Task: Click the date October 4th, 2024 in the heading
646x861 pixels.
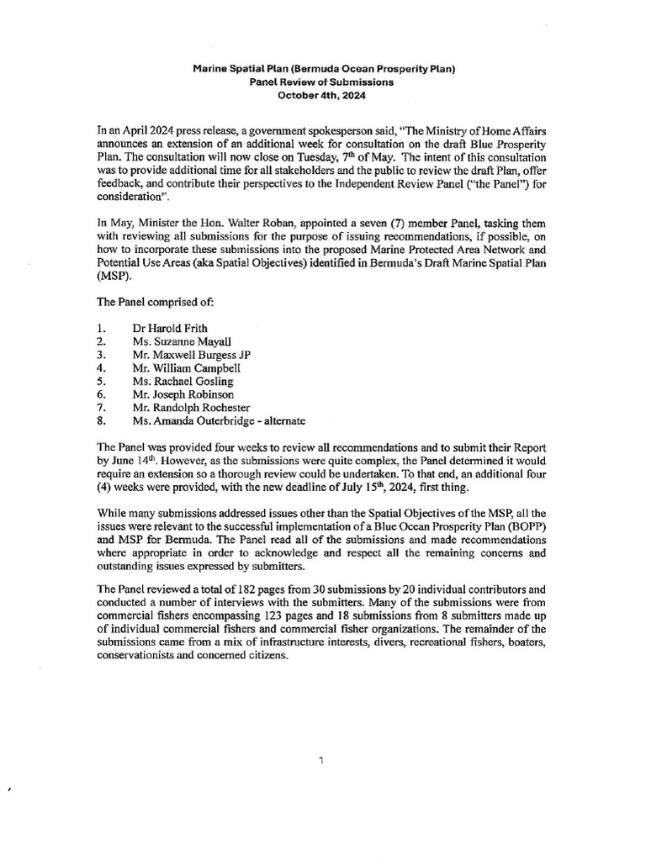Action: click(322, 96)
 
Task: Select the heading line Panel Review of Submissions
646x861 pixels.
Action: click(322, 82)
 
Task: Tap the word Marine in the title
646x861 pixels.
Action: click(214, 70)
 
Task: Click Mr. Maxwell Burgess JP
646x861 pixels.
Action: click(191, 354)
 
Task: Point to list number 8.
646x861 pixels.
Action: click(101, 420)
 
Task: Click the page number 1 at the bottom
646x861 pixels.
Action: click(322, 761)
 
